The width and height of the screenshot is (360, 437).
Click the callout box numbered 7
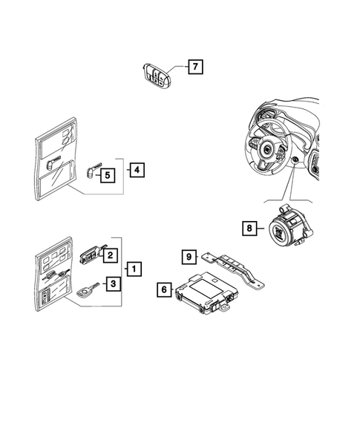tap(194, 68)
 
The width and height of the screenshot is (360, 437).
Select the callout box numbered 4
tap(136, 169)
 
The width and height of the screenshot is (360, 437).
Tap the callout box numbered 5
tap(108, 175)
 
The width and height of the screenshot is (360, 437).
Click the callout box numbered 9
tap(189, 257)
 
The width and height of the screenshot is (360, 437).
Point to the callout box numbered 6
tap(165, 291)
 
